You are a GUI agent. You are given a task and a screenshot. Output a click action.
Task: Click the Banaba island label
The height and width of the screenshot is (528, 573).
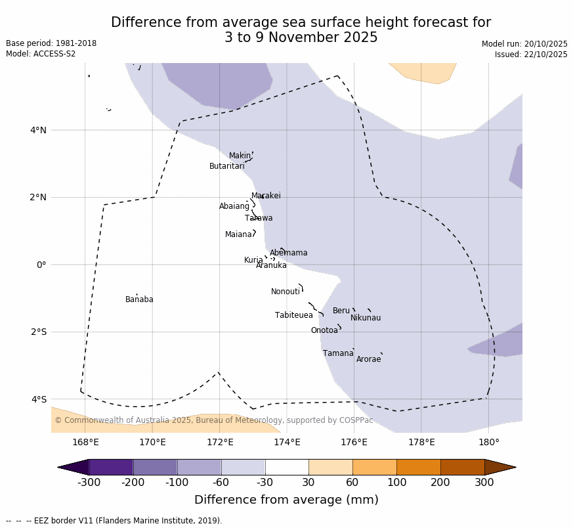coord(139,299)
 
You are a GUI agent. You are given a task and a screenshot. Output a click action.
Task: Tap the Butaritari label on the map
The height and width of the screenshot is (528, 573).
coord(226,166)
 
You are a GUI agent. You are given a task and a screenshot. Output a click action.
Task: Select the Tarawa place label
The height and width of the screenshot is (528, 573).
coord(259,218)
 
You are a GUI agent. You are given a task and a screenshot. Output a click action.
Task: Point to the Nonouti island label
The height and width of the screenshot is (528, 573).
coord(286,292)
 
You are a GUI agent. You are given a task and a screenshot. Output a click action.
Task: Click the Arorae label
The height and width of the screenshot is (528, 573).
coord(368,359)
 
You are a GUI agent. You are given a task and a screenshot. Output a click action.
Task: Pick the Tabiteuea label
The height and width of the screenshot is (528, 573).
coord(293,315)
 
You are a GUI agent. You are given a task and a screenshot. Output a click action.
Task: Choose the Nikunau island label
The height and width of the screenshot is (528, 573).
coord(365,318)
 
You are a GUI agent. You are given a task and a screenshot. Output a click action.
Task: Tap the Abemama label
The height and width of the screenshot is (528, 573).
coord(288,253)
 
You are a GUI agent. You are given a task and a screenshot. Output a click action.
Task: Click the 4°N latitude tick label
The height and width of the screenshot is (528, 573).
coord(38,130)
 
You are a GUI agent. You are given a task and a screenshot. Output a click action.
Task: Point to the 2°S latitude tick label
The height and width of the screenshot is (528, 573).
coord(38,332)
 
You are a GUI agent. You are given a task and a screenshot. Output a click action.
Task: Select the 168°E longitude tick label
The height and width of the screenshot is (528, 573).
coord(85,443)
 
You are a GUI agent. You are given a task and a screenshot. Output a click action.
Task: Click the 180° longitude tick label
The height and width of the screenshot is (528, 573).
coord(488,443)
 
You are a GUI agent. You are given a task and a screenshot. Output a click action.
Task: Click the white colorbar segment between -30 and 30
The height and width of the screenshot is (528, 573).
coord(287,467)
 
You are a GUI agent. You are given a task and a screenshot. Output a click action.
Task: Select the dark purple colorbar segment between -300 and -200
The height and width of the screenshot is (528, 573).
coord(111,467)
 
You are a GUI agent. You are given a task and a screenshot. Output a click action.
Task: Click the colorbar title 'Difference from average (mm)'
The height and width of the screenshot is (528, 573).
coord(286,500)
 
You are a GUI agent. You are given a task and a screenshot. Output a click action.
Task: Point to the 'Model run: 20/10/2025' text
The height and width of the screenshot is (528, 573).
coord(524,44)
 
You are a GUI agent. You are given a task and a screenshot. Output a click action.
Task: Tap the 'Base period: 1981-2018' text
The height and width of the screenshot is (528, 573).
coord(51,43)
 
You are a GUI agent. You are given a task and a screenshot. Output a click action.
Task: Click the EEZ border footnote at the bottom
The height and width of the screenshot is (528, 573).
coord(114,521)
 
